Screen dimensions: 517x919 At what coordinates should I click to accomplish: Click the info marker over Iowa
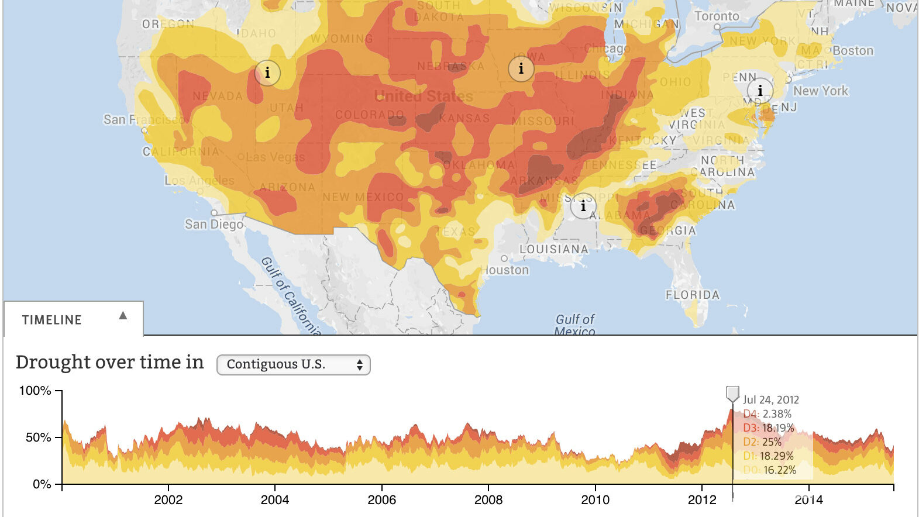pos(521,69)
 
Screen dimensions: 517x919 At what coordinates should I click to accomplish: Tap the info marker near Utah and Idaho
pos(267,73)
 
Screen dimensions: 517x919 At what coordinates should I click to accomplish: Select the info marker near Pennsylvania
pos(760,91)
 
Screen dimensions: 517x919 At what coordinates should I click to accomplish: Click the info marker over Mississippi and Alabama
pos(583,206)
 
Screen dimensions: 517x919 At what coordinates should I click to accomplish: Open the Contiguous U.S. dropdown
pos(293,364)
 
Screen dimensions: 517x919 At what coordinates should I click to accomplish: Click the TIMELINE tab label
pos(51,320)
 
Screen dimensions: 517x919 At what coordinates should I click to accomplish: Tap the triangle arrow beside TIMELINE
pos(123,316)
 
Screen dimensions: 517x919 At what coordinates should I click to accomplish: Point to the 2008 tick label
pos(488,500)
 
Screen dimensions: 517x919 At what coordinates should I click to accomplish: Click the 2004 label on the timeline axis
pos(274,500)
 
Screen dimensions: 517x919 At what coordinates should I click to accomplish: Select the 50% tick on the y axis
pos(38,437)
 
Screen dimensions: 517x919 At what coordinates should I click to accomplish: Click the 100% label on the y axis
pos(35,391)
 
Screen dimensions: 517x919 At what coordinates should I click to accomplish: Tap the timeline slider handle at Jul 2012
pos(732,394)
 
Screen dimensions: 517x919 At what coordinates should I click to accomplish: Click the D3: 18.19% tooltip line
pos(769,428)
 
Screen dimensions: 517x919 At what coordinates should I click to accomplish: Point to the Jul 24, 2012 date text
pos(770,400)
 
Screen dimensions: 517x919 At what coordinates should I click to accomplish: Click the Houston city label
pos(506,270)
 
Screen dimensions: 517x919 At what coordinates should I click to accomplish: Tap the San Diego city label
pos(214,225)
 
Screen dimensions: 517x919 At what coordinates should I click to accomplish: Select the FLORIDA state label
pos(693,295)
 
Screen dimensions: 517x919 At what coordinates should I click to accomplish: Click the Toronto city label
pos(717,16)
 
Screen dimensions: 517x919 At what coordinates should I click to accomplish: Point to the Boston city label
pos(853,51)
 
